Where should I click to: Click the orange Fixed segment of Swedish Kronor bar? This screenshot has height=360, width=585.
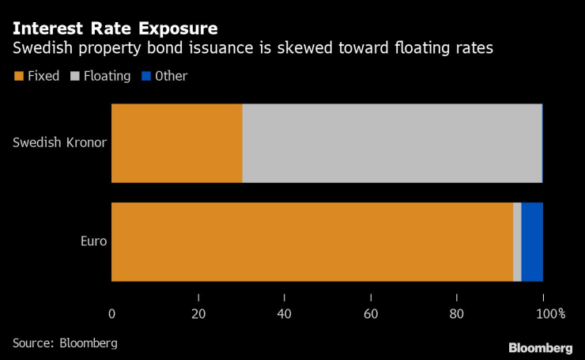click(177, 143)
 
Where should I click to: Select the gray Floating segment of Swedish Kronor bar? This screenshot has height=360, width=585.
click(392, 143)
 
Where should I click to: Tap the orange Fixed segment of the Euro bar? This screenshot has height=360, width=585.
click(312, 242)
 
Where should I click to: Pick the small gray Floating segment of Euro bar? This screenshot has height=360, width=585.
click(518, 242)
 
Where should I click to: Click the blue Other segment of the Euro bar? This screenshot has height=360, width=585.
click(532, 242)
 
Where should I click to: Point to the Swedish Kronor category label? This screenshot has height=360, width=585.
click(60, 142)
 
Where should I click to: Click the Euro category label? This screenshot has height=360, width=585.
click(93, 241)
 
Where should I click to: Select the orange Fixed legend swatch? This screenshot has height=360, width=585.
click(19, 76)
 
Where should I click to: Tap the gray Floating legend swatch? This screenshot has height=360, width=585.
click(75, 76)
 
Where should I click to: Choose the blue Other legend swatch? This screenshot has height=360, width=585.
click(146, 76)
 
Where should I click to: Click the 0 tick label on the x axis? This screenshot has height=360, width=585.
click(112, 314)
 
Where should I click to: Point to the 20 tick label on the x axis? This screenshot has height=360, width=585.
click(198, 314)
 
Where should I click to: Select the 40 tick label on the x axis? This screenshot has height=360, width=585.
click(285, 314)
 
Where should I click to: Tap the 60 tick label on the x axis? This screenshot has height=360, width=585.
click(371, 314)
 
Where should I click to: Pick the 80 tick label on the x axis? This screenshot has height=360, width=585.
click(457, 314)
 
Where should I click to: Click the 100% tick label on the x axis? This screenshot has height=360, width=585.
click(551, 314)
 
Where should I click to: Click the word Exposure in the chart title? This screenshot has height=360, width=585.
click(178, 28)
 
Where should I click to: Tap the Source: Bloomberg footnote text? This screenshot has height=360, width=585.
click(65, 343)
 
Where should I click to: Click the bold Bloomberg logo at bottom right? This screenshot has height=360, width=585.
click(541, 348)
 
